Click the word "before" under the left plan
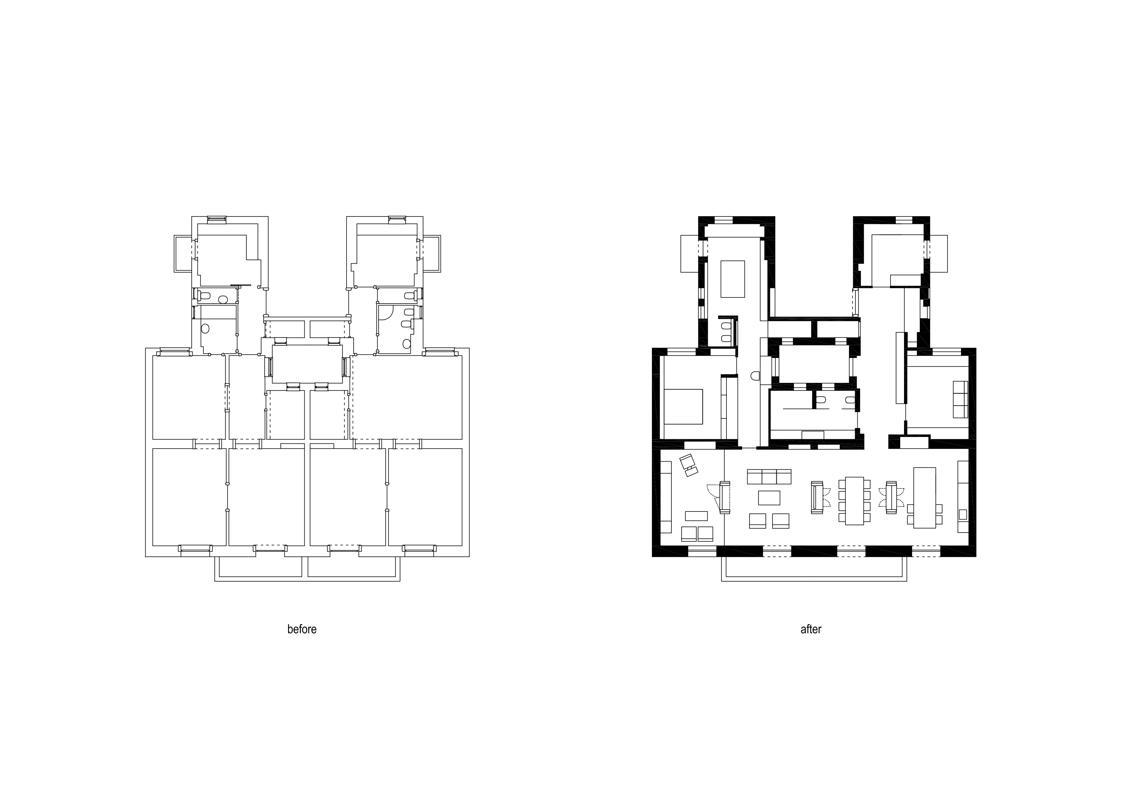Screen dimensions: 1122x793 point(301,629)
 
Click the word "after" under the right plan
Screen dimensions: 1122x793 point(811,629)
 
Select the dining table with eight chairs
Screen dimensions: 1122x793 point(854,501)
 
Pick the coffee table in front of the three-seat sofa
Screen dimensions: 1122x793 point(769,498)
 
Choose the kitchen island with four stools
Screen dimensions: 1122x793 point(925,498)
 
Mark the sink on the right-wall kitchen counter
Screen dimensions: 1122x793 point(963,514)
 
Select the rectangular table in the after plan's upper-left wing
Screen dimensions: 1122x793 point(733,279)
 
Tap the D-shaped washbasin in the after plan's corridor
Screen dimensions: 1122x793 point(755,376)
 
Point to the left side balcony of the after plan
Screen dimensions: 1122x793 point(690,254)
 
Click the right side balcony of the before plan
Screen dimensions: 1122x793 point(432,254)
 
